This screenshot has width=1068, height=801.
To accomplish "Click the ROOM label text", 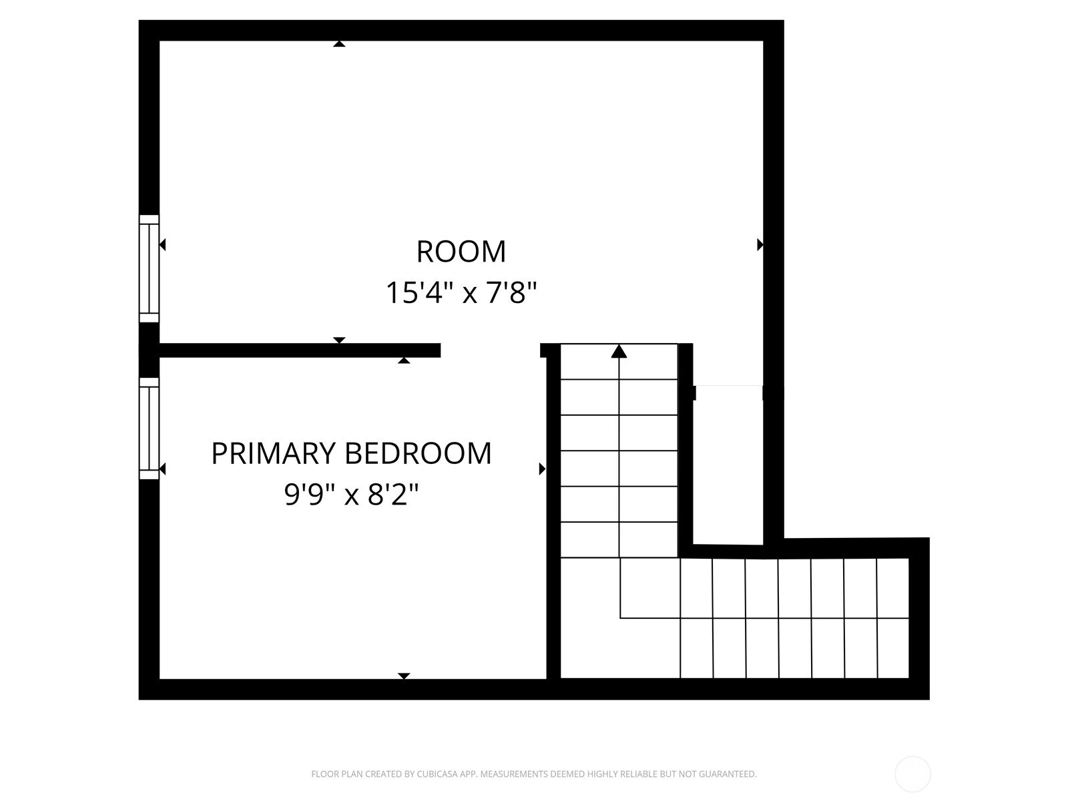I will [x=461, y=252].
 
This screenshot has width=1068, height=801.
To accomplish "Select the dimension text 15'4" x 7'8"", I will [x=461, y=292].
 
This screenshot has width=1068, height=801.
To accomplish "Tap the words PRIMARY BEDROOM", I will [x=351, y=453].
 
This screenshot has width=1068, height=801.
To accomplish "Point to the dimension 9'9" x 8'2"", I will [x=351, y=495].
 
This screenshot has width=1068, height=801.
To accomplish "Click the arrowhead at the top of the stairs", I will [x=619, y=351].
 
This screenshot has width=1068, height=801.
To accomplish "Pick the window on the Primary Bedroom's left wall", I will [x=149, y=429].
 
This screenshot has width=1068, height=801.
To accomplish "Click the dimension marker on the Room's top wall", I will [x=339, y=44].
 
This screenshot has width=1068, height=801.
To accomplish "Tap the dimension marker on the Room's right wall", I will [x=760, y=245].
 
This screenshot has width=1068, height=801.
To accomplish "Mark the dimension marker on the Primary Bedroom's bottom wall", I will [x=403, y=676].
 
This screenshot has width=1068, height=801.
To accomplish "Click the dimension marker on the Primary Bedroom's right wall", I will [x=542, y=469].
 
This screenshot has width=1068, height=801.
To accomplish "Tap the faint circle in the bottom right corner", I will [x=912, y=774].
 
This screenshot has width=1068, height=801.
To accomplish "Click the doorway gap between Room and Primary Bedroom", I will [x=490, y=350].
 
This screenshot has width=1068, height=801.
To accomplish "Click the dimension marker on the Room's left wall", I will [x=162, y=245].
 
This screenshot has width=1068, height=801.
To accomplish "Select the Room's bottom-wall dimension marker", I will [x=339, y=340].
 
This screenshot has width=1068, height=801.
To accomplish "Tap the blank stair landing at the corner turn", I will [x=589, y=617].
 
